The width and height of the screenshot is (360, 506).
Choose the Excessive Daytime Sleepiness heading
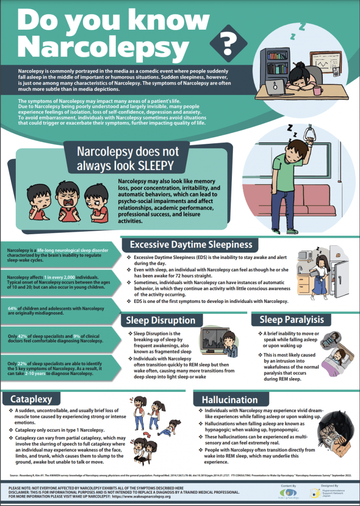pyautogui.click(x=191, y=245)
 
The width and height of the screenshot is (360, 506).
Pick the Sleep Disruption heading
pyautogui.click(x=161, y=320)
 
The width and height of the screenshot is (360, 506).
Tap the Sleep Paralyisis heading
pyautogui.click(x=292, y=320)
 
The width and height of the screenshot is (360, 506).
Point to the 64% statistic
pyautogui.click(x=13, y=308)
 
